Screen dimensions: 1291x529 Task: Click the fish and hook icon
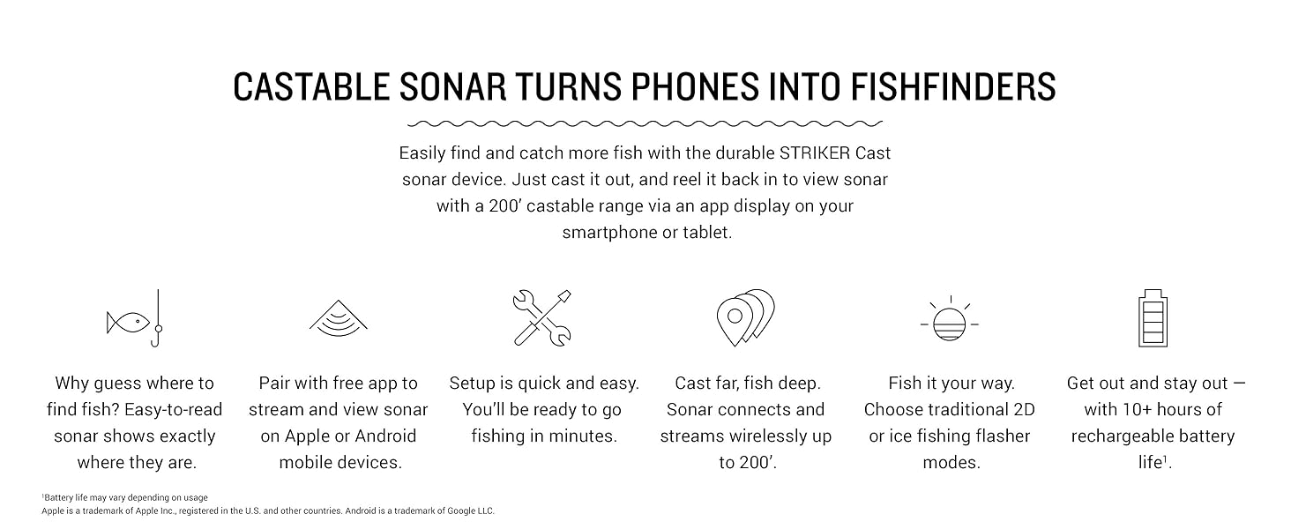[135, 318]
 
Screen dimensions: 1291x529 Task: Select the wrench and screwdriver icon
[541, 318]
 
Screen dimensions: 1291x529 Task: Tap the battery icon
[1153, 318]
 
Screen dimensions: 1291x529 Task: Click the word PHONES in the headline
[695, 87]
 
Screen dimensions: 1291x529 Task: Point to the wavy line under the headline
[645, 123]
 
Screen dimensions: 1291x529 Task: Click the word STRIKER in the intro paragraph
[814, 153]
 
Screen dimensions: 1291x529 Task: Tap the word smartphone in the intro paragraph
[609, 232]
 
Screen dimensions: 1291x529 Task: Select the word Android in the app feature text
[385, 436]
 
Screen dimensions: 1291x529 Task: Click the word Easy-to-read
[174, 410]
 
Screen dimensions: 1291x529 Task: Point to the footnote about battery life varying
[125, 497]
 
